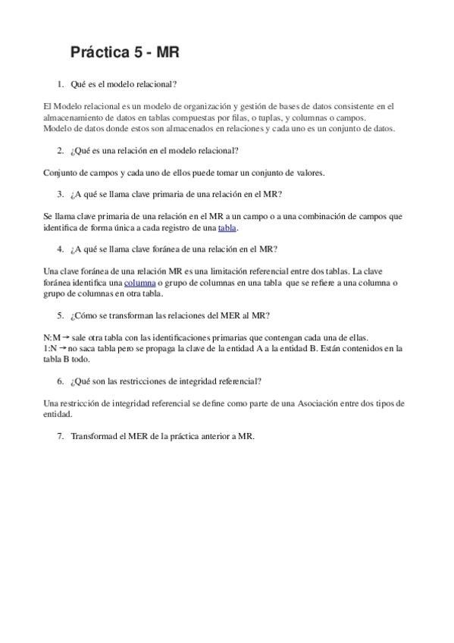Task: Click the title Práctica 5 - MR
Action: tap(124, 52)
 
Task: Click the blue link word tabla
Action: tap(227, 227)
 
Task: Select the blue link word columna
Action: tap(139, 283)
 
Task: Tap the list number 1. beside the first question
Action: tap(61, 84)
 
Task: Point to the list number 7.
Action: tap(61, 436)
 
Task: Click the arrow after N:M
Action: tap(66, 337)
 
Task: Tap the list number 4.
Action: tap(61, 249)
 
